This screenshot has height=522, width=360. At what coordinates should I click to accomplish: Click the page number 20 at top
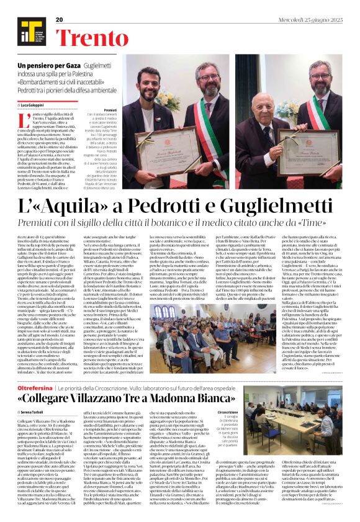(x=60, y=20)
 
